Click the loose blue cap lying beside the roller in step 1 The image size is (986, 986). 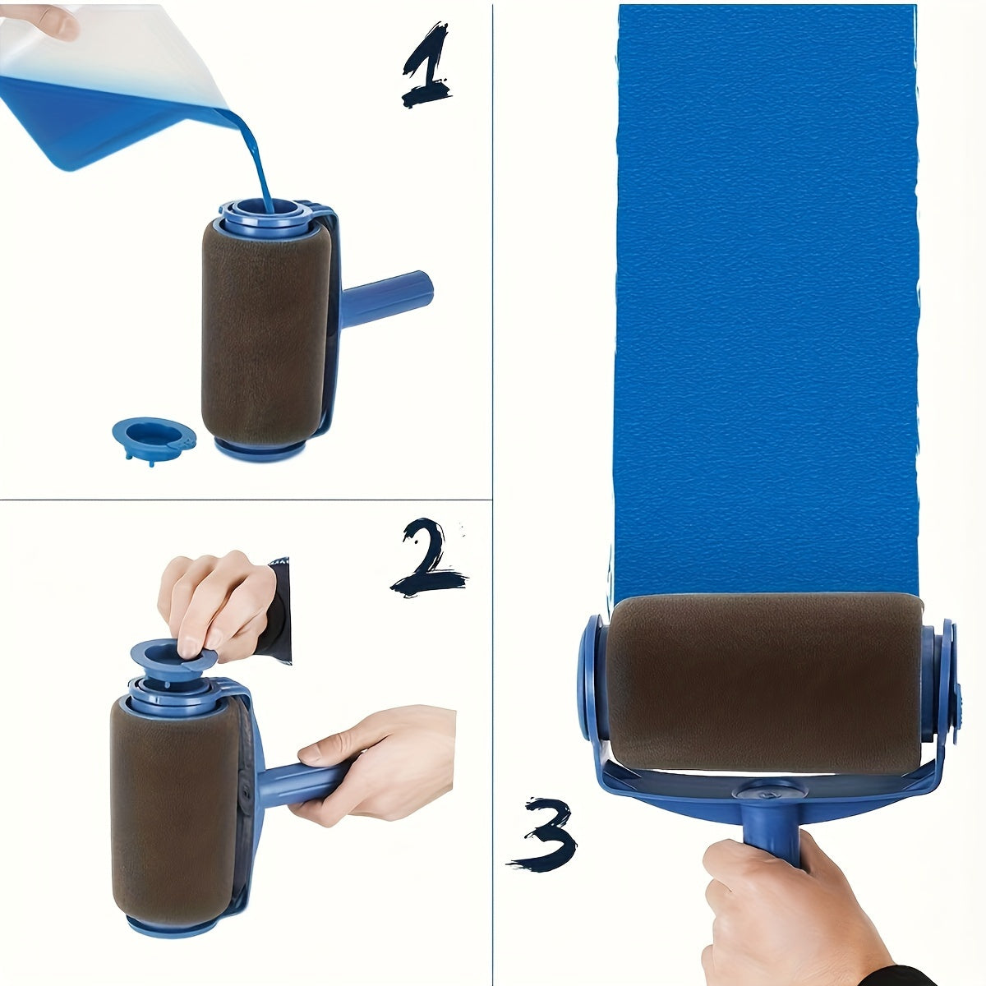(153, 435)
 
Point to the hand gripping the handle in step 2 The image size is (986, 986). (378, 760)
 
